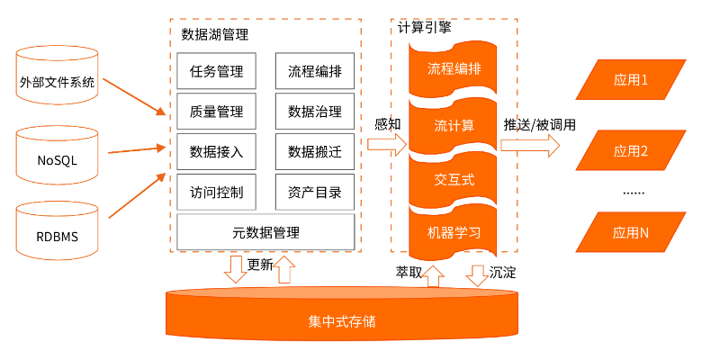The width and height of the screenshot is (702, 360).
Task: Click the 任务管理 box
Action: point(216,71)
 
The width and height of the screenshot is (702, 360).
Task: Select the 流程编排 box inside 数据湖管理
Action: point(314,71)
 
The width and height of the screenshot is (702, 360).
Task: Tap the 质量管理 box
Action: point(216,112)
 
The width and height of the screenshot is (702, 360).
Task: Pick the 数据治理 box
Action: point(314,112)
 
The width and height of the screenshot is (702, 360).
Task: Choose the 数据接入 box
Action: point(216,152)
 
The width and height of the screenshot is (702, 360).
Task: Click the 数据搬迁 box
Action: point(314,152)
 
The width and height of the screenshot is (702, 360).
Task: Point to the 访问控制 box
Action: point(216,193)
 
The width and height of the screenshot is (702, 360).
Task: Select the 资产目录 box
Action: point(314,193)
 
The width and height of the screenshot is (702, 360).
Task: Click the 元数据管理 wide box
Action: point(265,232)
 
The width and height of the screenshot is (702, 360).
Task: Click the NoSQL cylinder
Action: point(57,161)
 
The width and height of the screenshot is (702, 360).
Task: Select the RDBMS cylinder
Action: point(57,238)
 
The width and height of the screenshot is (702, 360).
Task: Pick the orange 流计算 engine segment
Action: point(454,124)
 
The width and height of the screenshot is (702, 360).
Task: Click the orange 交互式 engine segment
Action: point(454,179)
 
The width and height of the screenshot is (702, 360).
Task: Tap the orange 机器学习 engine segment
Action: point(454,232)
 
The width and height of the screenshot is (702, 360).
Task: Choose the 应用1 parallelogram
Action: point(631,80)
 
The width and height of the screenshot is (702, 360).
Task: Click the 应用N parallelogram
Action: point(631,232)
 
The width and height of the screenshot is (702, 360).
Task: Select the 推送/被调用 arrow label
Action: point(539,124)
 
